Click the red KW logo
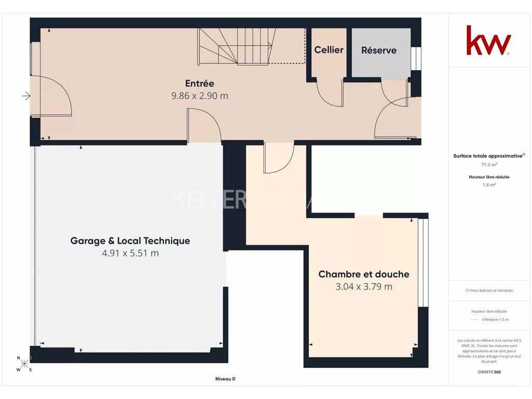click(x=488, y=40)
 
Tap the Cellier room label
click(x=329, y=50)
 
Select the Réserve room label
click(x=379, y=50)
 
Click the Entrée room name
click(x=199, y=83)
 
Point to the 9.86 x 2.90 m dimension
click(x=199, y=96)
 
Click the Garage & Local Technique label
click(x=130, y=241)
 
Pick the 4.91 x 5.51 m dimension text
click(x=130, y=253)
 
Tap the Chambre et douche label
click(x=364, y=274)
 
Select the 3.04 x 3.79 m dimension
click(x=364, y=287)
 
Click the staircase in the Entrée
click(x=237, y=46)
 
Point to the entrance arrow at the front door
click(x=26, y=96)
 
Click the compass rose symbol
click(x=24, y=364)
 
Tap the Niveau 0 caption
click(x=225, y=379)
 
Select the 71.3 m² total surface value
click(x=489, y=165)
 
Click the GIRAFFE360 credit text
click(x=489, y=372)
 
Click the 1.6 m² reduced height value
click(x=489, y=185)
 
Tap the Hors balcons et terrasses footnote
click(x=489, y=290)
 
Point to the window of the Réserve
click(x=416, y=58)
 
